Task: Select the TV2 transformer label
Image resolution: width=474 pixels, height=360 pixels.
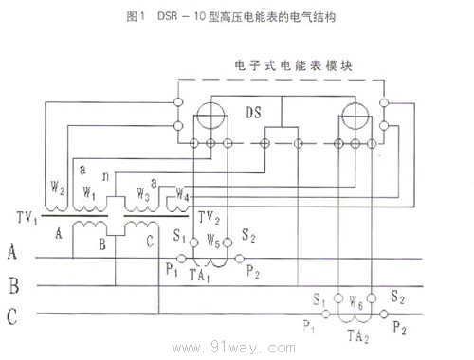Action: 210,217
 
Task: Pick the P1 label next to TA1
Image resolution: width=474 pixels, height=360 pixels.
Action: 171,269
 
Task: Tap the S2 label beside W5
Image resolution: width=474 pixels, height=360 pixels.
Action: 249,234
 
